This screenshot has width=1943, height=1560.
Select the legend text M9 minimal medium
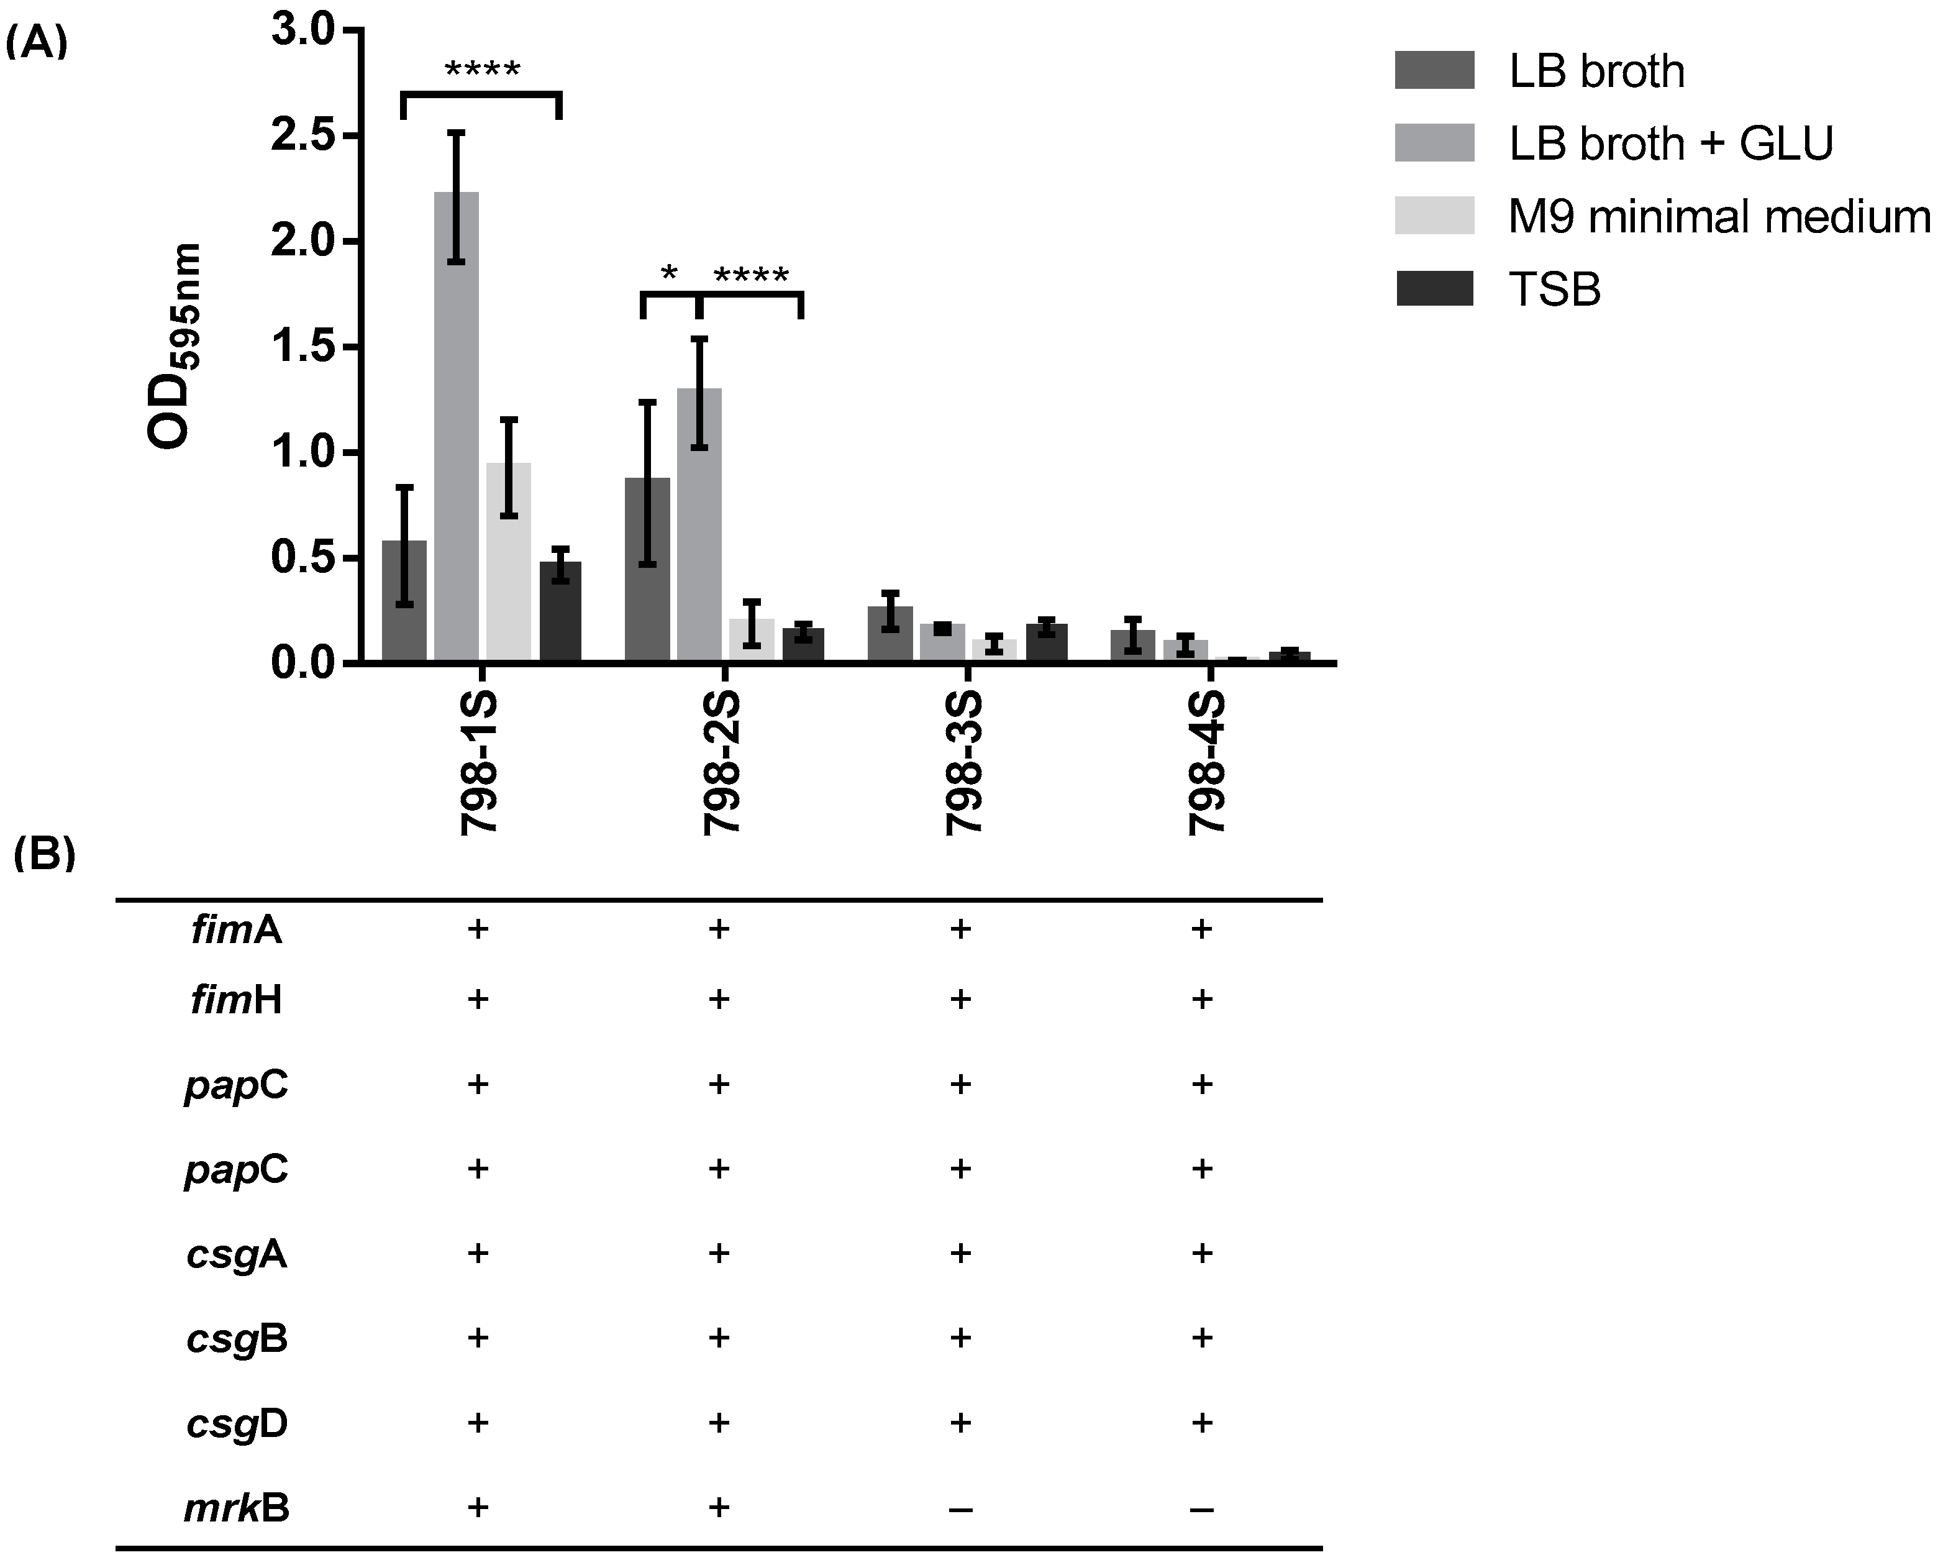(1719, 217)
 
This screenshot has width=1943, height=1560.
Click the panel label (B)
(44, 854)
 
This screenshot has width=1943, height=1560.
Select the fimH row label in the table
(236, 1000)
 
